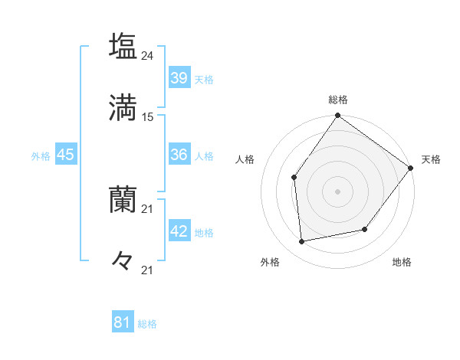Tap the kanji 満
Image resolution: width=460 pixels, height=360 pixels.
123,107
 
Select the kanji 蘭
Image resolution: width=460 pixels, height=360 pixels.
123,200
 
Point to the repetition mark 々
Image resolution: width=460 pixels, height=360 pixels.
123,260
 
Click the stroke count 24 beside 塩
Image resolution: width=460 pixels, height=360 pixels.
148,55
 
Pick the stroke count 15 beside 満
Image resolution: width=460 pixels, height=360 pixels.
148,117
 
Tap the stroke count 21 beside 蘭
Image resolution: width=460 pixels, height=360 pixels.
148,209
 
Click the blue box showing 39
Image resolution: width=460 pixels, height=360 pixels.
179,77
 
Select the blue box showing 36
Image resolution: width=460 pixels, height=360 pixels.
179,155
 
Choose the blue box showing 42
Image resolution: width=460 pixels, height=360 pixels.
179,231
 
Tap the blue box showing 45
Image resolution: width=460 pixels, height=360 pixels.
66,155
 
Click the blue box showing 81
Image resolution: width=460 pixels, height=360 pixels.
123,323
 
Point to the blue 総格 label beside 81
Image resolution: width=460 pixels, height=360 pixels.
147,324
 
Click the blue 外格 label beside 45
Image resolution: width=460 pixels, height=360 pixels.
41,155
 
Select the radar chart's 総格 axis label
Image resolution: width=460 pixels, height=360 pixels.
338,100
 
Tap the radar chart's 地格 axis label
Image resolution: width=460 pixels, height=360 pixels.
402,262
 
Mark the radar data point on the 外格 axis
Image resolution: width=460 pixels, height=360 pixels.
302,242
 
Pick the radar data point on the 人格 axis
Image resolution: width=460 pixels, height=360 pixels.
294,178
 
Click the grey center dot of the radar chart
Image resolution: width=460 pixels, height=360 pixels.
338,191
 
